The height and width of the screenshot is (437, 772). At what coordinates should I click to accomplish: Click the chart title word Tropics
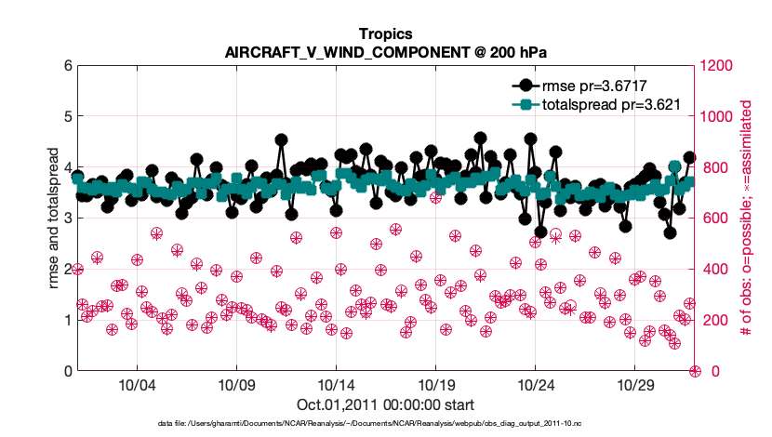(385, 33)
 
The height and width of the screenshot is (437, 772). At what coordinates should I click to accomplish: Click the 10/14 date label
(336, 386)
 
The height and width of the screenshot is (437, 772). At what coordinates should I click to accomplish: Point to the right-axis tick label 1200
(717, 66)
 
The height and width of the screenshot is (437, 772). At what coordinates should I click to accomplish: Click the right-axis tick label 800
(713, 168)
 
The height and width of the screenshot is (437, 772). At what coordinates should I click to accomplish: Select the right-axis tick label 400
(713, 270)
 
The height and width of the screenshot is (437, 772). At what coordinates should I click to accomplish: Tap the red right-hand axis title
(746, 218)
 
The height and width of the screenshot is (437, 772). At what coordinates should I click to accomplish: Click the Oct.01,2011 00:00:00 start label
(385, 404)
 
